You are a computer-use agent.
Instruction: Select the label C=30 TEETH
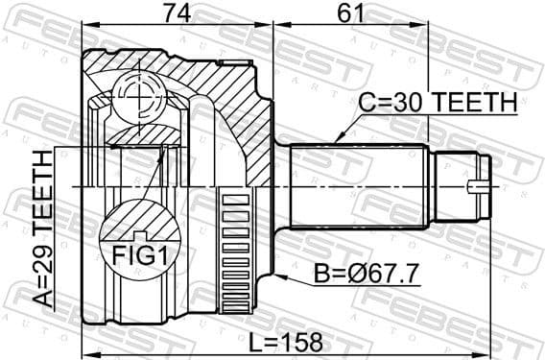(438, 101)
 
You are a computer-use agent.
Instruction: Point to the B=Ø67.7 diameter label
(366, 275)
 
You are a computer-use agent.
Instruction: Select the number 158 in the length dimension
(301, 340)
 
